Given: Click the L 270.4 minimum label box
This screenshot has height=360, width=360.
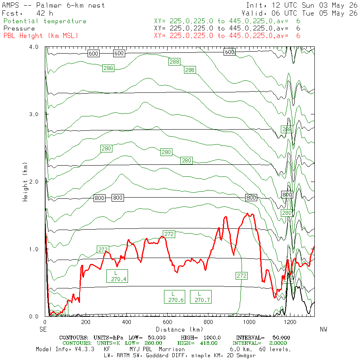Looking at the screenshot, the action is coord(117,276).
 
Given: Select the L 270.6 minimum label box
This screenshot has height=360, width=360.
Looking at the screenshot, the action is coord(174,297).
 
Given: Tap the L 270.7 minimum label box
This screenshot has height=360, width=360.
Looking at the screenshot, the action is coord(201,297).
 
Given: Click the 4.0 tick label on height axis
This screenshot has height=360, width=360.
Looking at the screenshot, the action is coord(34,47).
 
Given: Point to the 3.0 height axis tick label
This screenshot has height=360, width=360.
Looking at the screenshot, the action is coord(34,114).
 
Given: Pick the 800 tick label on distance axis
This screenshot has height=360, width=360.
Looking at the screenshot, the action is coord(208,322).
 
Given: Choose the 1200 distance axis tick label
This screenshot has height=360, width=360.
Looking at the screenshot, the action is coord(290,322).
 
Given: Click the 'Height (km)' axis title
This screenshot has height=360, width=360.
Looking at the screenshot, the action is coord(25,182).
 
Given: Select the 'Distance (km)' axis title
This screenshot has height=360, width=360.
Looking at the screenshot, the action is coord(180,330).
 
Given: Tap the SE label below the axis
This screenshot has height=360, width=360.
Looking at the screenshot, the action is coord(43,330).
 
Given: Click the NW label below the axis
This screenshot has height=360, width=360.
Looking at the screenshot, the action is coord(324,330).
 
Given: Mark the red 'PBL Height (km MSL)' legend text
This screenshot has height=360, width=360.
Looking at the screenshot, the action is coord(41,36).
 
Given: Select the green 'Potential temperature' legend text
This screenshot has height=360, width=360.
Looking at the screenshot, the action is coord(45,21).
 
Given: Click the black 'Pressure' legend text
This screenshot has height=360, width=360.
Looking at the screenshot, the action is coord(19,28).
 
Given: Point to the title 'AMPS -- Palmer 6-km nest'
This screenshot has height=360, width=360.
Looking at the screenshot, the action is coord(53,5).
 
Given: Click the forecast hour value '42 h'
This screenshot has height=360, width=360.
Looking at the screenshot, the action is coord(45,13).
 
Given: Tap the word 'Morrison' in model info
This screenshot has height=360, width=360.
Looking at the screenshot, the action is coord(172,349).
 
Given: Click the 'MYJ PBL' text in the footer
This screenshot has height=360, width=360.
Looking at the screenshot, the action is coord(141,349).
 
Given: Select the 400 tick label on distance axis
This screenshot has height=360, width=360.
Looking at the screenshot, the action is coord(126,322).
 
